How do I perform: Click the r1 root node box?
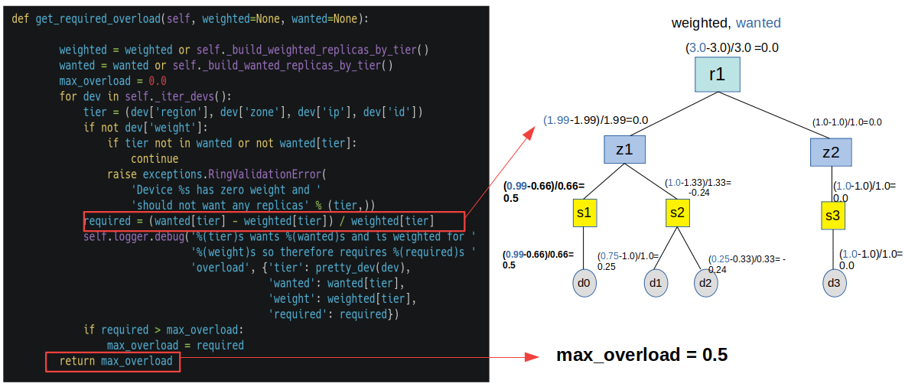tap(717, 74)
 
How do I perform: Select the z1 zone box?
tap(625, 150)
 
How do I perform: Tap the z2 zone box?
tap(831, 152)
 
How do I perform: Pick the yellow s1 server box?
tap(584, 213)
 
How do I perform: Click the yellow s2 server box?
tap(677, 213)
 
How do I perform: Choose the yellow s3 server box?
tap(833, 216)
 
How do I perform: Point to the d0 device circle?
tap(584, 283)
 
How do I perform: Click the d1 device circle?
tap(656, 283)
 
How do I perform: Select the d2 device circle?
tap(705, 283)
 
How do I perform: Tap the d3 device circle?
tap(833, 283)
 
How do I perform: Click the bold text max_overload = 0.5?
tap(641, 355)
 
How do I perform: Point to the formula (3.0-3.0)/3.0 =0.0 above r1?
tap(731, 47)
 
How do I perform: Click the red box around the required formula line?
tap(273, 221)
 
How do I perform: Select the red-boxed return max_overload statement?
tap(113, 361)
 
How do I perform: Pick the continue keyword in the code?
tap(155, 158)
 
